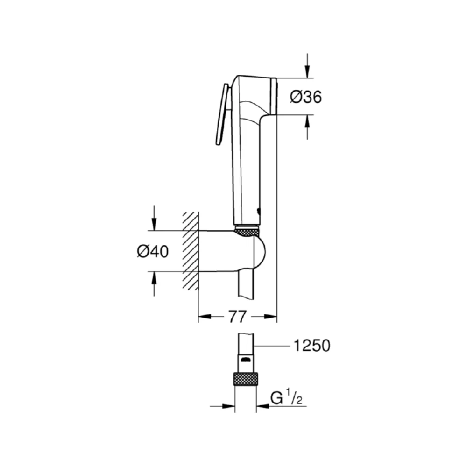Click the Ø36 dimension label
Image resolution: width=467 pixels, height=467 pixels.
click(306, 97)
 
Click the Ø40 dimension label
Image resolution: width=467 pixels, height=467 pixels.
click(153, 251)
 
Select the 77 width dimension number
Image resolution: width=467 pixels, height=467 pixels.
click(237, 316)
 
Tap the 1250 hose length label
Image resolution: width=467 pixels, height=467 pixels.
click(312, 346)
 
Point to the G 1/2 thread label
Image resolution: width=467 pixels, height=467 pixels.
click(286, 398)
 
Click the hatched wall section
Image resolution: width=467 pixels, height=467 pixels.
click(191, 251)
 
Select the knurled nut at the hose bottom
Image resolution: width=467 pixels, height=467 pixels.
click(246, 379)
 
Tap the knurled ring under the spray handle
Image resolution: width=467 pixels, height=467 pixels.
click(247, 232)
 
